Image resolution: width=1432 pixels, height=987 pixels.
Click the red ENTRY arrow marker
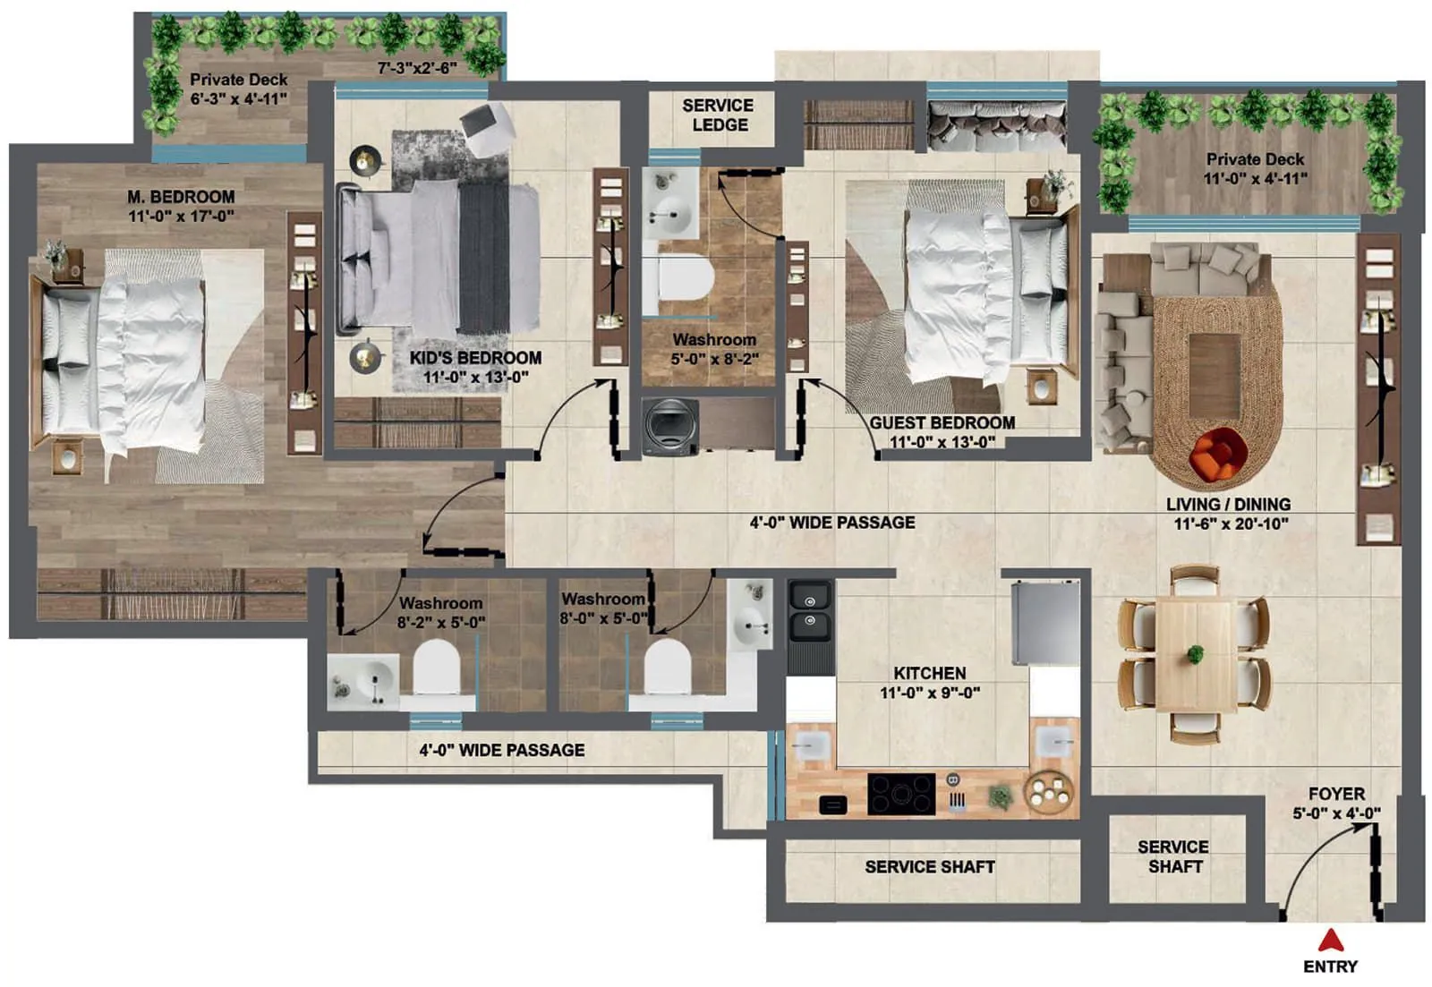point(1331,940)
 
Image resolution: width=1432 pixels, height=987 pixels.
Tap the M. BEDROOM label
point(181,196)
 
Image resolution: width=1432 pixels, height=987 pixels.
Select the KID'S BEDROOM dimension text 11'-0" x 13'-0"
point(475,377)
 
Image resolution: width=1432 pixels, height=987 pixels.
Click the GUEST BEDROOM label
point(942,422)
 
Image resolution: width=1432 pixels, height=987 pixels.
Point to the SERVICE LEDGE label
point(718,115)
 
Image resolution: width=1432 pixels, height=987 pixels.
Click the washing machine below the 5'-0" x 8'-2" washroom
point(671,427)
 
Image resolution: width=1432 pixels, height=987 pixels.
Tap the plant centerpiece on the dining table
point(1196,654)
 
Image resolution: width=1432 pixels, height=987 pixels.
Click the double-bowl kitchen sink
point(810,610)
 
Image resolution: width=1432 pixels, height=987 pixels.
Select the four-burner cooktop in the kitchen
point(901,794)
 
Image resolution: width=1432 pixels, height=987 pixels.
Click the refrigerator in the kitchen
point(1045,622)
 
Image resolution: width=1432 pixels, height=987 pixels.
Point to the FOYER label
point(1336,794)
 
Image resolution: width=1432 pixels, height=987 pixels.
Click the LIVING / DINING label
point(1228,504)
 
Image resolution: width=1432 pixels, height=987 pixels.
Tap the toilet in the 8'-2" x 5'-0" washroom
point(437,671)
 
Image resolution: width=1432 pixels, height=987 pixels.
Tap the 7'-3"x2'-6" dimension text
point(416,68)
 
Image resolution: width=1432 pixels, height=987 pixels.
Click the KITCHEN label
point(929,673)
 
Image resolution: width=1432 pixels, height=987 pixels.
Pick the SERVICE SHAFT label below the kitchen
point(929,866)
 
